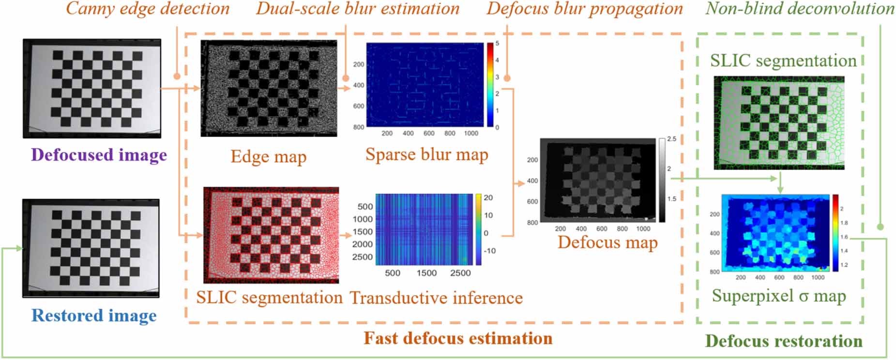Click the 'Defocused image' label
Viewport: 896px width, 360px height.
click(99, 155)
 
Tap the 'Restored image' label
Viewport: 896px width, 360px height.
click(94, 315)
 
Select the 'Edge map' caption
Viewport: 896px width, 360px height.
click(268, 157)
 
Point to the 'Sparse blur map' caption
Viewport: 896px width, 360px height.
click(426, 154)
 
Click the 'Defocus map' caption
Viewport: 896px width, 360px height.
click(607, 242)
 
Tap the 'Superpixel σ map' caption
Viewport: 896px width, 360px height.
click(778, 296)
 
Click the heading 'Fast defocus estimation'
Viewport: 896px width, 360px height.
click(458, 338)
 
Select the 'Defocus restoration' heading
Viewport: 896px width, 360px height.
click(784, 341)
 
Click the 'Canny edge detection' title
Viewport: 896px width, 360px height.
click(148, 9)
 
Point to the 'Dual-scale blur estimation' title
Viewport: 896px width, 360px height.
click(358, 9)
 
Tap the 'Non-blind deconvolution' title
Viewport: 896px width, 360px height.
click(800, 9)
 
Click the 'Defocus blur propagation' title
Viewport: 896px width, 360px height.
click(585, 9)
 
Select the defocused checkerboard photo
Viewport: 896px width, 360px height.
click(92, 89)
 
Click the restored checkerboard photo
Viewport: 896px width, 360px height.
click(91, 248)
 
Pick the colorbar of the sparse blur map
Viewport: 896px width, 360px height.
click(490, 85)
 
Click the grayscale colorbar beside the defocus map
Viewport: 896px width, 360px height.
click(662, 180)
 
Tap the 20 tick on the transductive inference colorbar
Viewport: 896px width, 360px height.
click(488, 198)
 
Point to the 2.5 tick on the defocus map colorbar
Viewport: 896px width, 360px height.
click(671, 139)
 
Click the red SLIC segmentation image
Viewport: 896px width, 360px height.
click(271, 235)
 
